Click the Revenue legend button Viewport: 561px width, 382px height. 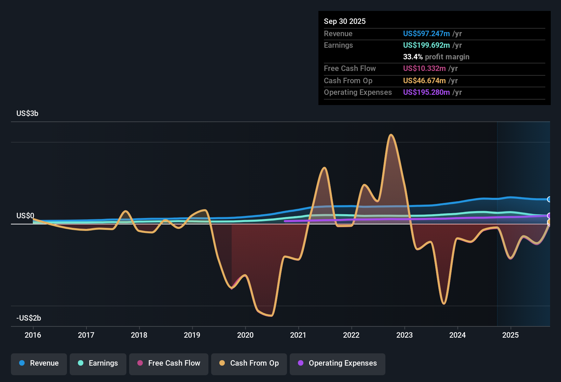[39, 363]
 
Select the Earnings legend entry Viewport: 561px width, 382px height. [98, 363]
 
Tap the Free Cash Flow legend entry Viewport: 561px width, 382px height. [169, 363]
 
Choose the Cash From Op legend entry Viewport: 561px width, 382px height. [249, 363]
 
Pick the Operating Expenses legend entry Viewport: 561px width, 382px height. [338, 363]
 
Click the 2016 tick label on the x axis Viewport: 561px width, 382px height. [33, 335]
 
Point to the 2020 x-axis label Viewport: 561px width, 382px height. [245, 335]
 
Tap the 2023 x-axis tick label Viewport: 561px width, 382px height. [405, 335]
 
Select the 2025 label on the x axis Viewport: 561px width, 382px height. [510, 335]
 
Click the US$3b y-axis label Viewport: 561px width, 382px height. [27, 114]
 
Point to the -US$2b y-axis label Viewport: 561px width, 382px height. [29, 318]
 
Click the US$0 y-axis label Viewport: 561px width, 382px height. [25, 216]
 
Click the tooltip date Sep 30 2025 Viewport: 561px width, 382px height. [345, 21]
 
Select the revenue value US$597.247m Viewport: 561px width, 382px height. [426, 34]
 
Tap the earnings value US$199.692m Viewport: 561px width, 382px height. [426, 45]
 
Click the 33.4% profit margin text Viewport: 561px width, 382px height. [436, 57]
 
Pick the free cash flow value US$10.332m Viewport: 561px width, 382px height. [424, 69]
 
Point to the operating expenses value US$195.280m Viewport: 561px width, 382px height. [426, 92]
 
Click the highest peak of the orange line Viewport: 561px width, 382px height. [391, 135]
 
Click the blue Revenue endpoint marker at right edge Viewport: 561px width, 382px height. [549, 199]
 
